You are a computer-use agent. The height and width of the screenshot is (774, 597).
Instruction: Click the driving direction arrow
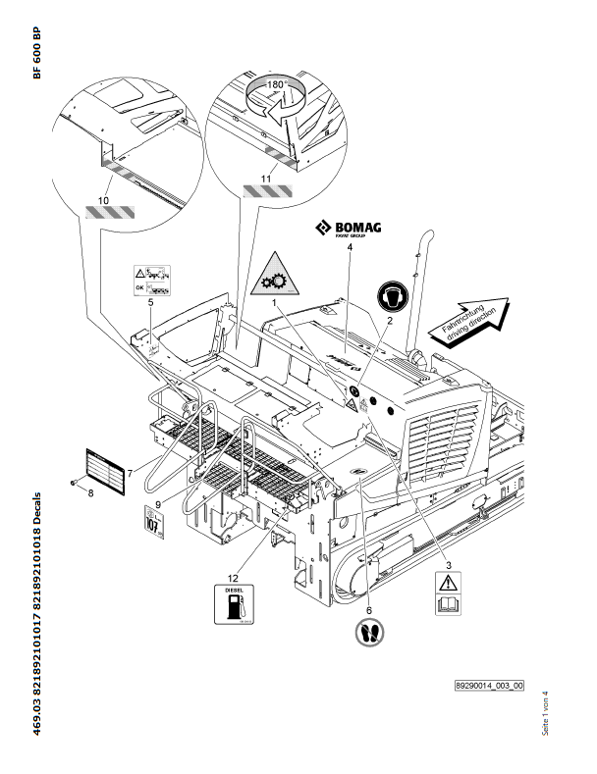pos(473,317)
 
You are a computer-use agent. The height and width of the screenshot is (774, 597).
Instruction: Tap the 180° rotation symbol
pos(277,99)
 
